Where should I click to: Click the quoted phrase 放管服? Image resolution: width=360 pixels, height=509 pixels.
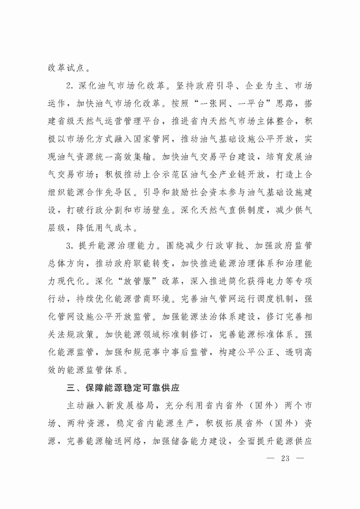[131, 283]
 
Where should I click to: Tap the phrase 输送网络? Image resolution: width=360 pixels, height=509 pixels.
[137, 441]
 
